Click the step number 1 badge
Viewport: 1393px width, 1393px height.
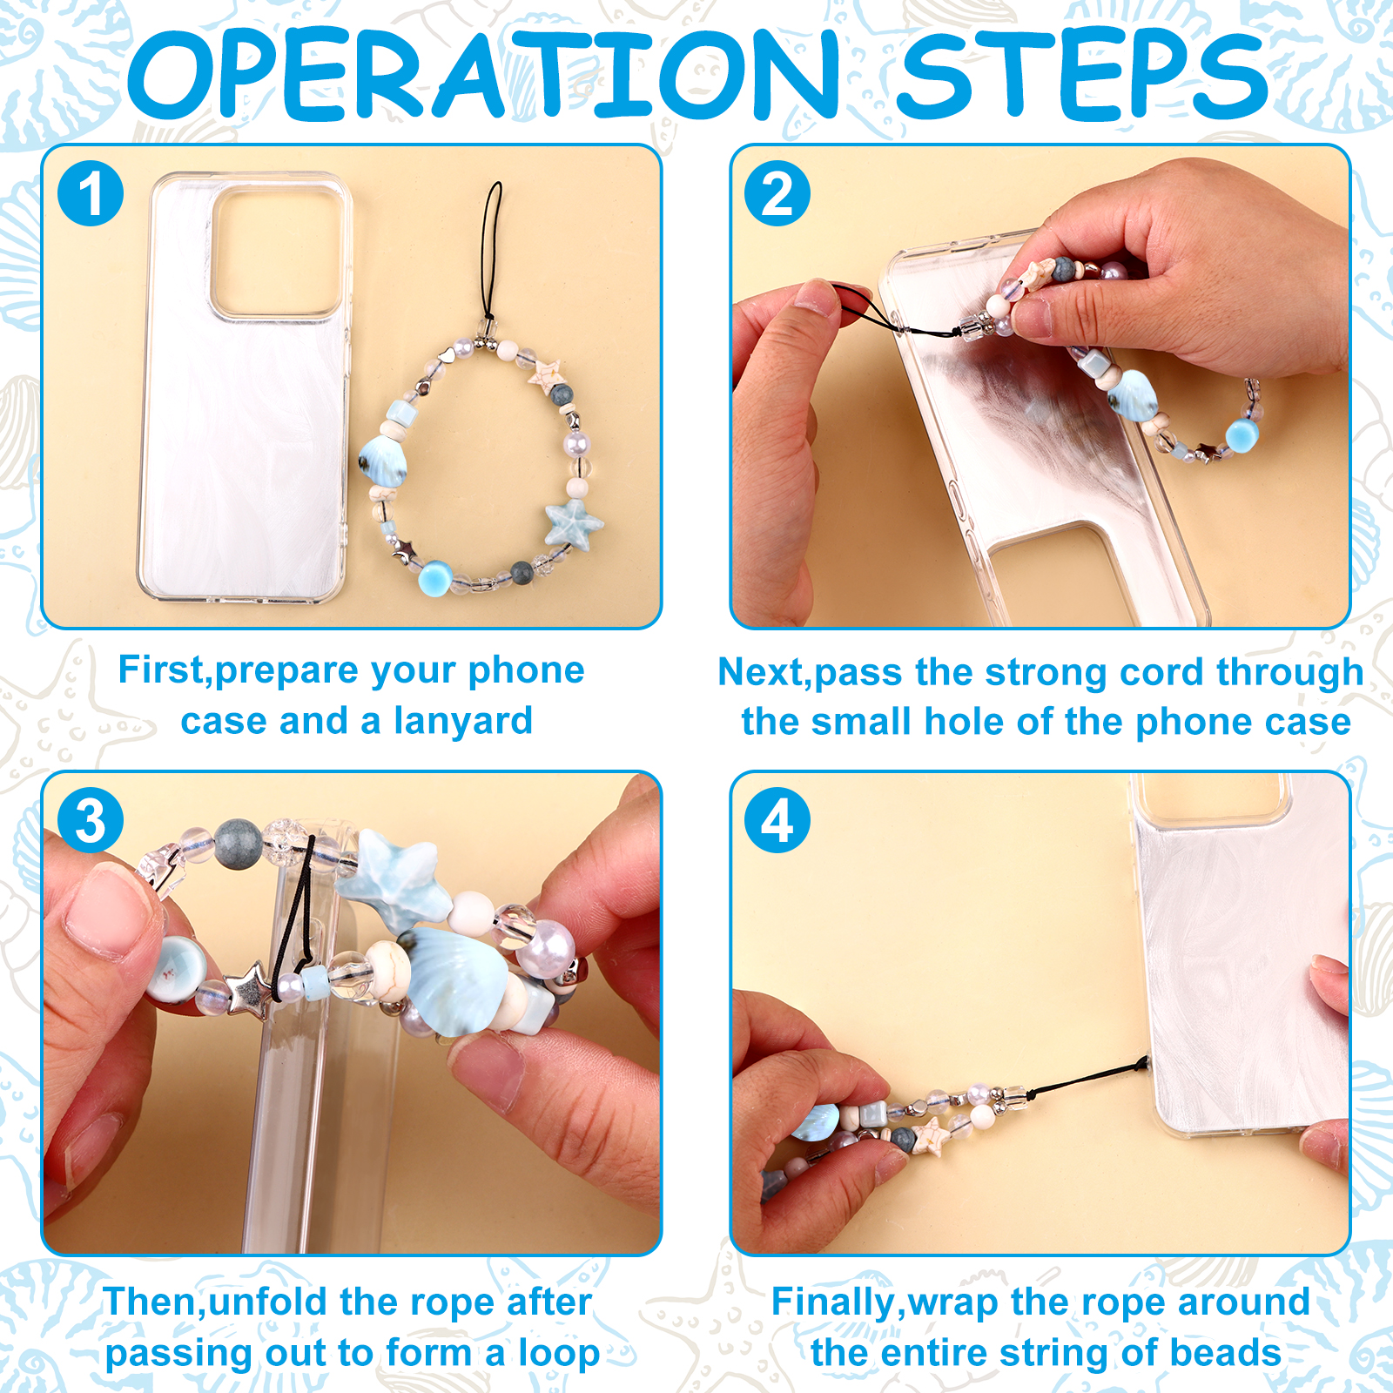(91, 193)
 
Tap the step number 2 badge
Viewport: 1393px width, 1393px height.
(777, 193)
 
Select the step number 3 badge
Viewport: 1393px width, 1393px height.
(91, 820)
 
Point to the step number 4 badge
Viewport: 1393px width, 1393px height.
(777, 820)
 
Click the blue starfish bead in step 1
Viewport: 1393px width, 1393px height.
(574, 524)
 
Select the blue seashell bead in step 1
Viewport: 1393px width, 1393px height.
(383, 460)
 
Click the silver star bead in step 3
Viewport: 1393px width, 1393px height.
(250, 988)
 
